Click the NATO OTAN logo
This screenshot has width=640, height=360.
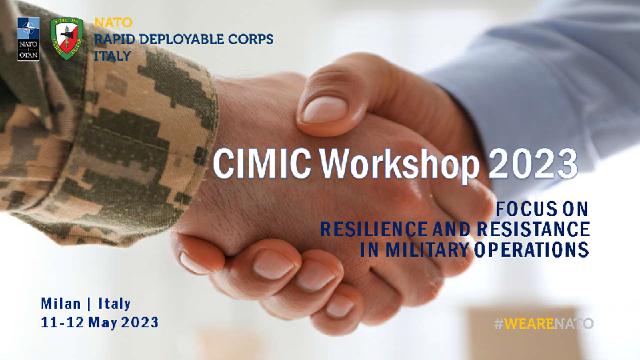(28, 38)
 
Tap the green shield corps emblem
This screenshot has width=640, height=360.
(66, 38)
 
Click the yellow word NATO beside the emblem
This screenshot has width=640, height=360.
(113, 22)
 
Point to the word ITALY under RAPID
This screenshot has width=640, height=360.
(113, 56)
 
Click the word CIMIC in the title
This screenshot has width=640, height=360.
(262, 164)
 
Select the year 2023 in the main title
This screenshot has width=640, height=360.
(533, 164)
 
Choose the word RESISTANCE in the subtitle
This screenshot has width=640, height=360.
(534, 229)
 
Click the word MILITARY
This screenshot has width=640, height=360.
(427, 250)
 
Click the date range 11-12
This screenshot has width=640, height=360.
(62, 322)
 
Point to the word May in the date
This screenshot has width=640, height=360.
(102, 323)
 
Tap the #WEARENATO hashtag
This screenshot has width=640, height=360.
(544, 324)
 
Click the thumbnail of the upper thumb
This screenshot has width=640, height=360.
(325, 110)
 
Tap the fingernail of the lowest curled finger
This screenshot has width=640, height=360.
(339, 306)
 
